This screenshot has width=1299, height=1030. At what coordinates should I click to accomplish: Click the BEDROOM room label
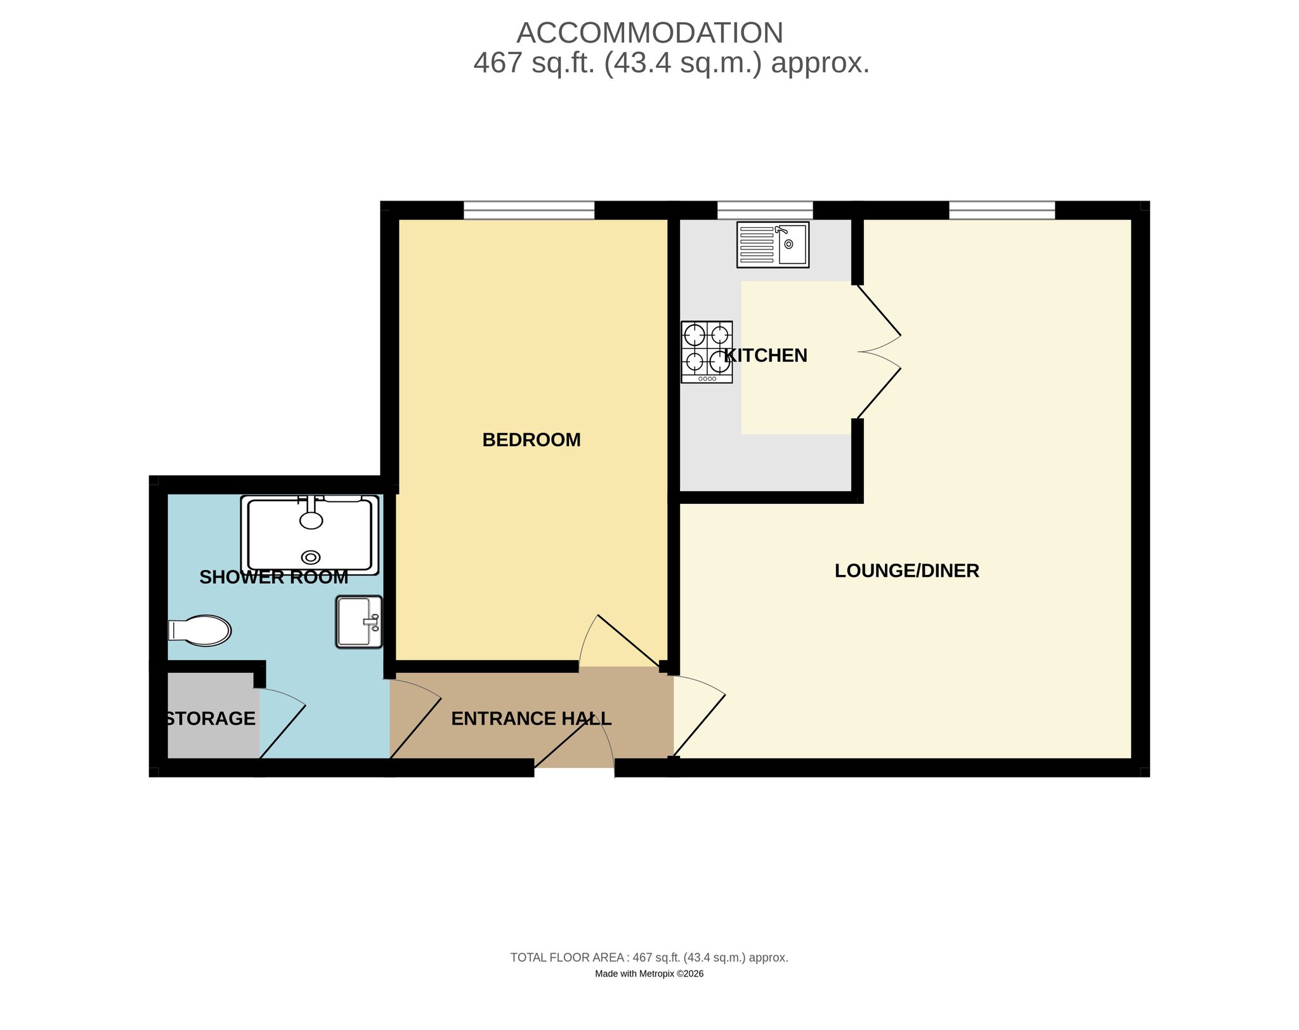(532, 440)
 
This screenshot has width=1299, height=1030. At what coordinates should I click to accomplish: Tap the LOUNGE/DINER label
(907, 571)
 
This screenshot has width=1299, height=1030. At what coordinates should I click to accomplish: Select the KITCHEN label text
(766, 355)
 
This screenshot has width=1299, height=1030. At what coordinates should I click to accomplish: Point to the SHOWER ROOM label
(274, 577)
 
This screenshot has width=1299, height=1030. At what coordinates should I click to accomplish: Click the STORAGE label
(210, 718)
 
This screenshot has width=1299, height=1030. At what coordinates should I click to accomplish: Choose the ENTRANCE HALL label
(532, 718)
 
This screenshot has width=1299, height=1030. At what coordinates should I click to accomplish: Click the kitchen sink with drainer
(773, 244)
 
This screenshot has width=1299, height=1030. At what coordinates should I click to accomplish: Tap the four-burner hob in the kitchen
(707, 352)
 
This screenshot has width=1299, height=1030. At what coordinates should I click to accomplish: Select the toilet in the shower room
(199, 630)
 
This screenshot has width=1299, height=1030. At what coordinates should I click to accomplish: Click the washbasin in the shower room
(359, 621)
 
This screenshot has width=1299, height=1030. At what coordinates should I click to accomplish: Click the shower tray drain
(311, 557)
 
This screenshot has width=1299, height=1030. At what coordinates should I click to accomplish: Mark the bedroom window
(529, 210)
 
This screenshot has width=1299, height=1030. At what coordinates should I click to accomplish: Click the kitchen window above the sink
(765, 210)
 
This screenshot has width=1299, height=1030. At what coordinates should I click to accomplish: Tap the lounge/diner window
(1002, 210)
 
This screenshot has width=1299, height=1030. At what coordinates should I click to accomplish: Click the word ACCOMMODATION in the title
(650, 33)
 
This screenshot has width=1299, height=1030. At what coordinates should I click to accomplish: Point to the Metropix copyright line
(649, 974)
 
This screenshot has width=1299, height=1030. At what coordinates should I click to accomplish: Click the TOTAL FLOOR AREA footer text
(649, 957)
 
